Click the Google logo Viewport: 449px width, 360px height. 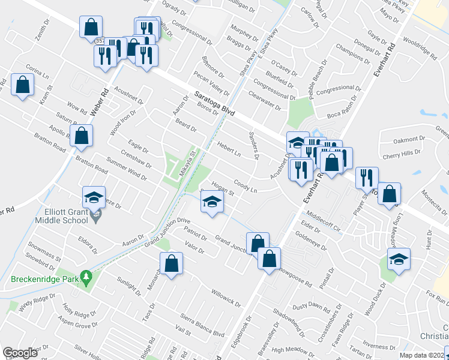pyautogui.click(x=20, y=353)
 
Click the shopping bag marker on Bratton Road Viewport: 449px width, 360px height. pyautogui.click(x=81, y=136)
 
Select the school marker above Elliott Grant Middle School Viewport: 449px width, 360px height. pyautogui.click(x=94, y=197)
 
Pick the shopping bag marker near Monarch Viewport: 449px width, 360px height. pyautogui.click(x=171, y=263)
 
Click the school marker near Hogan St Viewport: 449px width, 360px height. pyautogui.click(x=212, y=202)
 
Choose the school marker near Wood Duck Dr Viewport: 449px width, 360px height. pyautogui.click(x=399, y=259)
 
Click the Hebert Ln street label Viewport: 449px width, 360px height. pyautogui.click(x=229, y=149)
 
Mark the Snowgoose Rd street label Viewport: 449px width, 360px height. pyautogui.click(x=299, y=275)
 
